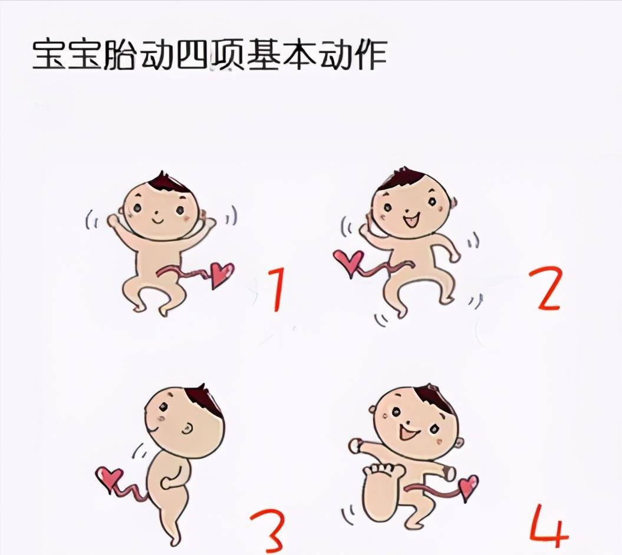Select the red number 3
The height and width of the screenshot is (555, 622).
(x=268, y=529)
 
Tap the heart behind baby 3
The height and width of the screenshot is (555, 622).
(x=109, y=477)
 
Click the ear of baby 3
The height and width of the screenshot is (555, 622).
(x=187, y=429)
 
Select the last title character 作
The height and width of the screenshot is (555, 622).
(x=369, y=55)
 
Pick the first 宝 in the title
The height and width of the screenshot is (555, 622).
(x=50, y=55)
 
